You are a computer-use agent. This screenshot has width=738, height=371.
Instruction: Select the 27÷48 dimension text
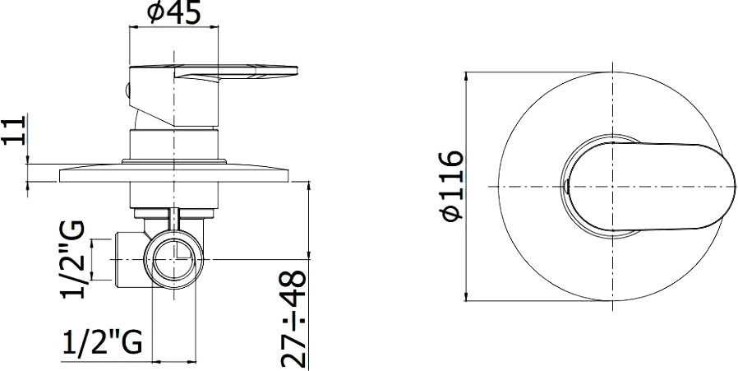pos(293,319)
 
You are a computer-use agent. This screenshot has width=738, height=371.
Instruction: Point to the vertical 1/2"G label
pos(73,259)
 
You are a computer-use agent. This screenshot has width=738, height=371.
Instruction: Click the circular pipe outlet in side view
pos(173,259)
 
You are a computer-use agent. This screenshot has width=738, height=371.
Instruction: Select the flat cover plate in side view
pos(173,174)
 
